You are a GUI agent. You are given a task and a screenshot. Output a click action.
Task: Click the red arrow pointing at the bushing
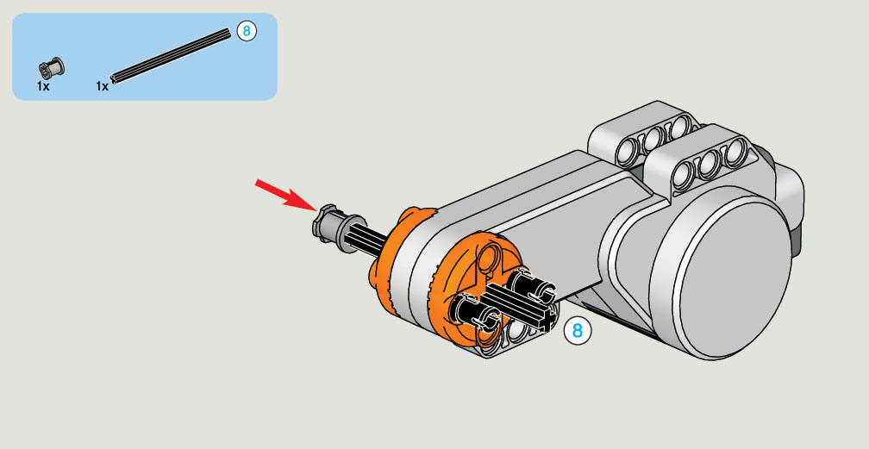click(286, 196)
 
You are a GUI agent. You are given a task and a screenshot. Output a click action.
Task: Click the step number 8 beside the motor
click(577, 331)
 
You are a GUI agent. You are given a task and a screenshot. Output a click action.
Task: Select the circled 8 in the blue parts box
click(247, 31)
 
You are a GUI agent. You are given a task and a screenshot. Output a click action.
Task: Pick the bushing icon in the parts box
click(51, 67)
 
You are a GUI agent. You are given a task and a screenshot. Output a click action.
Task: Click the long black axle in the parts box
click(171, 56)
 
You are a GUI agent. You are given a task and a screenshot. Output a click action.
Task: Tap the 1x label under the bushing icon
click(43, 86)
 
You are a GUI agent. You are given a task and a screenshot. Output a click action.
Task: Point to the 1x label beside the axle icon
click(102, 86)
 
